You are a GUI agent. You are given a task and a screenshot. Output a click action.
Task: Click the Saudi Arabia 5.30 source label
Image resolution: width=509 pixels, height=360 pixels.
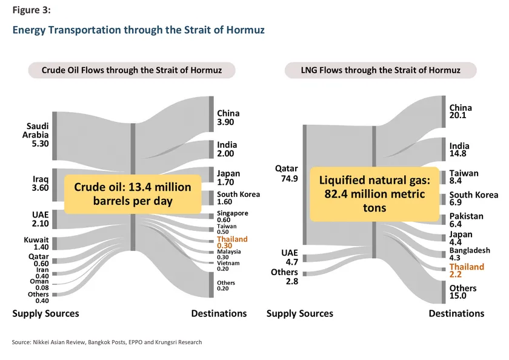36,135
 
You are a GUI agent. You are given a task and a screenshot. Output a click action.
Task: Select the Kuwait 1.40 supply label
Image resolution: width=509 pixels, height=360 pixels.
36,244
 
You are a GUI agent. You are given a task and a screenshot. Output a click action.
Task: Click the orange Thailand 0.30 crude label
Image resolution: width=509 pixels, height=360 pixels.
232,243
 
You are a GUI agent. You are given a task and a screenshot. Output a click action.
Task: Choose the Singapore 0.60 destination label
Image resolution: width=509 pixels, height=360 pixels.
232,216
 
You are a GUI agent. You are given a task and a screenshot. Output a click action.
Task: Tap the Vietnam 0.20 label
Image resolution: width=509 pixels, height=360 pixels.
228,265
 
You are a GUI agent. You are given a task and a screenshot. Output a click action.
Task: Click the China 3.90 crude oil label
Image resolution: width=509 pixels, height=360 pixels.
228,118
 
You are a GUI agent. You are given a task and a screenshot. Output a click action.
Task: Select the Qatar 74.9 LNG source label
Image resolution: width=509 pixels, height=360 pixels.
287,173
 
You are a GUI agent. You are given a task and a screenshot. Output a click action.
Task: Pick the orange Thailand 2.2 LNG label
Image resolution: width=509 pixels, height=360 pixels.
466,270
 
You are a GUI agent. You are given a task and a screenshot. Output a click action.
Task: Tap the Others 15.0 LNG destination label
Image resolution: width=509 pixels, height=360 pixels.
462,292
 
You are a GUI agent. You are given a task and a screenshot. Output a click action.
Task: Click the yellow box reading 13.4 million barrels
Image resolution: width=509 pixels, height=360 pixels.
132,193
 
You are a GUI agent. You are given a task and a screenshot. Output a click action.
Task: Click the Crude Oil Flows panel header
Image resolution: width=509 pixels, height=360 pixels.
131,70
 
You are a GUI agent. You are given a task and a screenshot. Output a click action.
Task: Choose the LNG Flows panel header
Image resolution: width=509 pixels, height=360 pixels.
381,70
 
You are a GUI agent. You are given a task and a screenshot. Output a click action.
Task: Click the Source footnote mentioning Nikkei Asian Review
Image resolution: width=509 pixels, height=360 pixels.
107,342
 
